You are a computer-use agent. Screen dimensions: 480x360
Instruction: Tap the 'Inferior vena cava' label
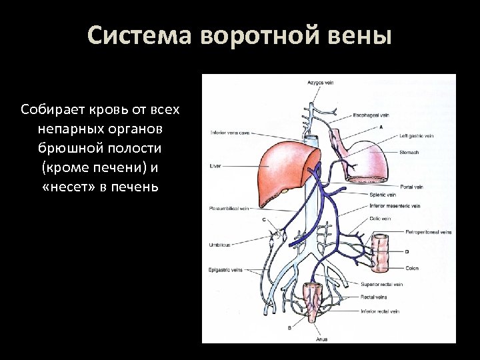click(x=230, y=132)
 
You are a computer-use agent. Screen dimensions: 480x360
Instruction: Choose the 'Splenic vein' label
click(x=383, y=195)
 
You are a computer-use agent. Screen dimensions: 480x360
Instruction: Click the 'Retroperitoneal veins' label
click(x=428, y=232)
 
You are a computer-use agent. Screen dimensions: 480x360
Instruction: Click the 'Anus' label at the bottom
click(x=321, y=339)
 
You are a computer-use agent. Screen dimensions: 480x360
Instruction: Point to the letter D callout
click(x=406, y=252)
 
